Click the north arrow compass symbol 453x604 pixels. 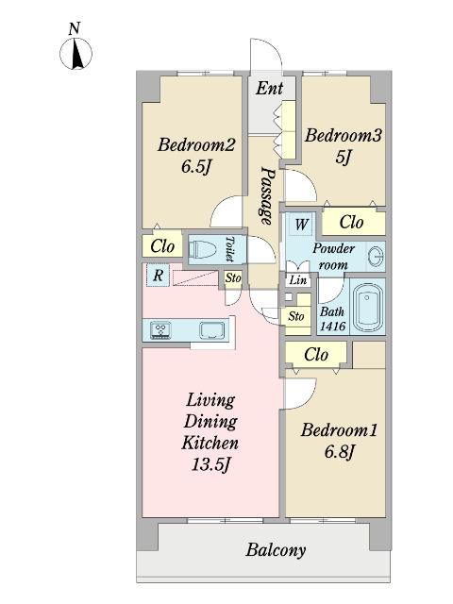click(x=75, y=53)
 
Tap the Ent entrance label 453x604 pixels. click(x=269, y=88)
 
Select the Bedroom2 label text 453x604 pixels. click(x=196, y=145)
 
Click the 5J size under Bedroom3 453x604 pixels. click(x=344, y=157)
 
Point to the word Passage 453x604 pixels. click(x=266, y=195)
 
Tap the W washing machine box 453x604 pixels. click(x=302, y=224)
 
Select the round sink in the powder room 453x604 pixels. click(x=376, y=256)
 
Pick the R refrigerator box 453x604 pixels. click(x=158, y=276)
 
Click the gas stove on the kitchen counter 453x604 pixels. click(x=161, y=330)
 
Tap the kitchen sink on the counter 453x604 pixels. click(x=211, y=330)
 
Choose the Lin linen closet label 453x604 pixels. click(x=298, y=280)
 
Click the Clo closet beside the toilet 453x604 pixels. click(x=162, y=245)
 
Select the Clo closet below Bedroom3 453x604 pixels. click(x=353, y=222)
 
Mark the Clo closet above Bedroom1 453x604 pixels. click(x=316, y=355)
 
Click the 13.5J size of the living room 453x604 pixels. click(x=210, y=465)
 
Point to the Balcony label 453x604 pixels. click(x=276, y=550)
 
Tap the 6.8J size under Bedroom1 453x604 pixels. click(x=339, y=451)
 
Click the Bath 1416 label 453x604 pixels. click(x=332, y=319)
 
